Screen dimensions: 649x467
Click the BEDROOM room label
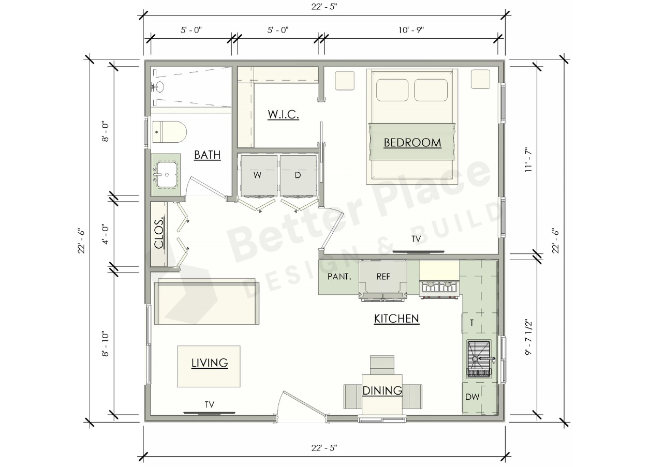[412, 142]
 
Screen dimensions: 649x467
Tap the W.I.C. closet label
[284, 114]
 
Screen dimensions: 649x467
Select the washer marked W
[258, 176]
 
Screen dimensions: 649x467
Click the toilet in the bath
[169, 132]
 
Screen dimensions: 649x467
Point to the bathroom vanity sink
[166, 175]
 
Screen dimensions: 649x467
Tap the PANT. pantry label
[340, 277]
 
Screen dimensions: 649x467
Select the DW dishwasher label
[473, 397]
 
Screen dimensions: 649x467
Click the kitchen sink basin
[478, 359]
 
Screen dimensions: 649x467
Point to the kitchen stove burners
[439, 289]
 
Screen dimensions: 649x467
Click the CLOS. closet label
[159, 233]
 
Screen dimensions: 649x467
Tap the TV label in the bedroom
[416, 239]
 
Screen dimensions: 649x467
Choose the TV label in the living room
[210, 404]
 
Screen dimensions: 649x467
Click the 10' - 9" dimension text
[411, 30]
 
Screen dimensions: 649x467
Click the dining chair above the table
[382, 365]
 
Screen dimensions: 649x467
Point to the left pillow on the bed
[392, 90]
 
